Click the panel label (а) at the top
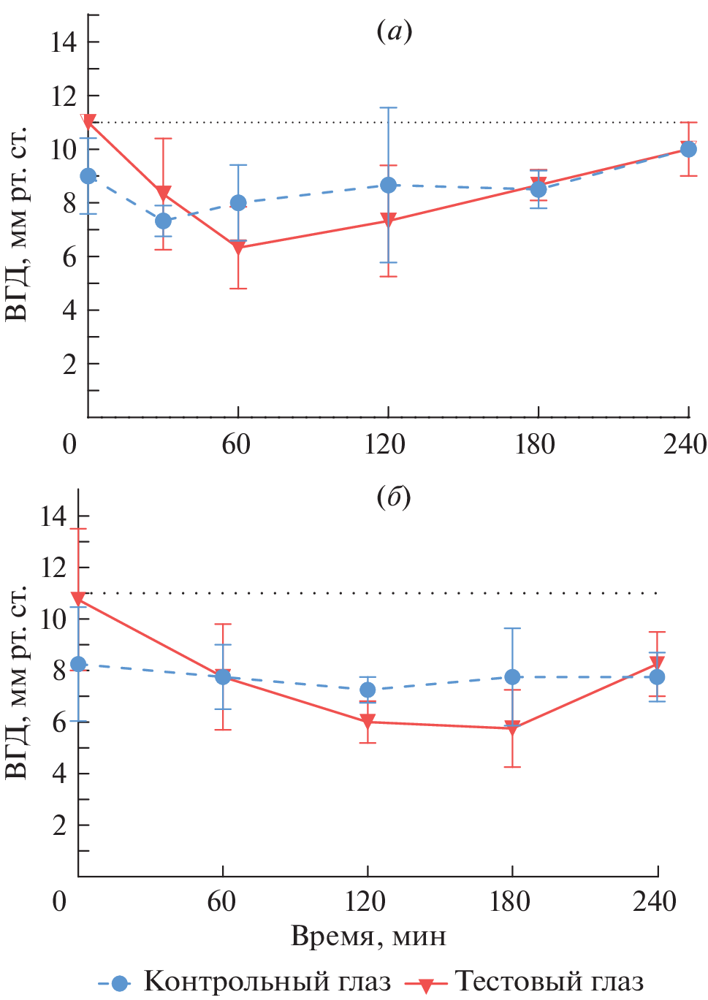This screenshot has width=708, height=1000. tap(395, 31)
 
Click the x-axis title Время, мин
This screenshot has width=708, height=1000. tap(368, 936)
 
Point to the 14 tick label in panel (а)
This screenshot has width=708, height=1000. tap(64, 42)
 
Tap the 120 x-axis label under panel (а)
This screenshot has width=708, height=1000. tap(386, 443)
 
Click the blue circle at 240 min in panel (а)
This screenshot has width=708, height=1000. tap(688, 149)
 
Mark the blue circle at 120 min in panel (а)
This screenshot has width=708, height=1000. tap(389, 186)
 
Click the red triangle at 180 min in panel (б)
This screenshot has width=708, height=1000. tap(512, 728)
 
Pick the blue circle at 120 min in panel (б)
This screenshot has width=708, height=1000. tap(368, 690)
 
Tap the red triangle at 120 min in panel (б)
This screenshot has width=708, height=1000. tap(368, 722)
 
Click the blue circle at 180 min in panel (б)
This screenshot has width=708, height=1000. tap(512, 677)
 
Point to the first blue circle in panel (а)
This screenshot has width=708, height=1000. tap(88, 176)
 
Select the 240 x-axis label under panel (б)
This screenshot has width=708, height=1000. tap(655, 901)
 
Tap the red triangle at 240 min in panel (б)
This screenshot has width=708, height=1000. tap(657, 663)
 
